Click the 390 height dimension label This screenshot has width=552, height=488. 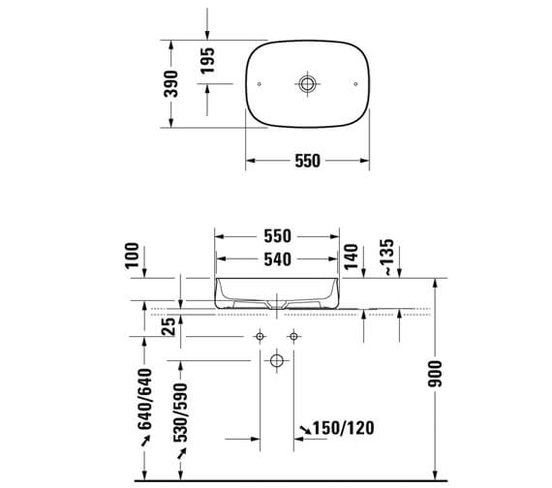pos(171,84)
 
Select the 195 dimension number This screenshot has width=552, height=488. pos(207,61)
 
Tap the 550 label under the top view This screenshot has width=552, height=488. pos(308,161)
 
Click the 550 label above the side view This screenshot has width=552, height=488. pos(278,236)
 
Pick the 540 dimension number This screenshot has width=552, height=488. pos(278,259)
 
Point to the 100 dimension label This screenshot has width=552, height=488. pos(133,256)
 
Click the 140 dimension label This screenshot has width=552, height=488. pos(351,257)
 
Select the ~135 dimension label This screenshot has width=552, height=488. pos(387,257)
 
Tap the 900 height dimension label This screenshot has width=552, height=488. pos(435,374)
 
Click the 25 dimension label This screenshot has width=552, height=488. pos(169,326)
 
